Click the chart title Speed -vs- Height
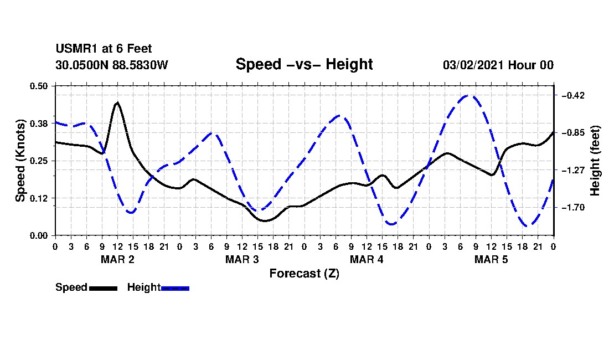pos(304,64)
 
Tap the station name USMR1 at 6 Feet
pos(104,49)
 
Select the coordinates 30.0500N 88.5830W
pos(111,65)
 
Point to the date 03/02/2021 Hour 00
pos(498,65)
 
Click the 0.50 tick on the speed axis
pos(39,86)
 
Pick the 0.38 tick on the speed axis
pos(39,124)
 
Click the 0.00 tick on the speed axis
pos(39,235)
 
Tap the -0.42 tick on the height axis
pos(573,95)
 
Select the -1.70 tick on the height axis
pos(573,207)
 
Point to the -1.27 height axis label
pos(573,170)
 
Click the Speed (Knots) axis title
pos(20,161)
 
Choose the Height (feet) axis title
pos(595,161)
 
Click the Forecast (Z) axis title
pos(304,274)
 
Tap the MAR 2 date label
pos(118,259)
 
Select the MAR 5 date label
pos(491,259)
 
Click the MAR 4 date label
pos(367,259)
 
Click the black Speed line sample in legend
pos(104,288)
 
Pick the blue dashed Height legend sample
pos(175,288)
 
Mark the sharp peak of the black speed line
pos(117,102)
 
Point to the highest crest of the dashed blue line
pos(468,95)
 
